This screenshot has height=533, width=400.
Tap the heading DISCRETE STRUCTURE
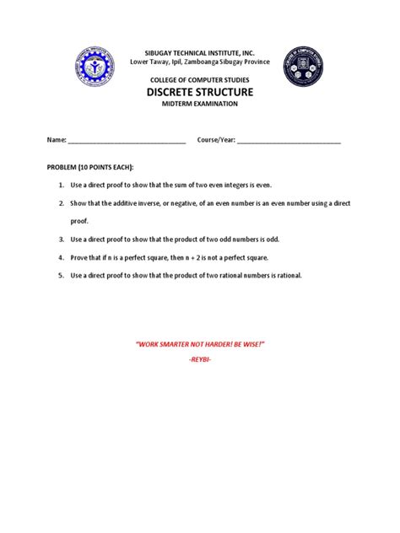coord(200,91)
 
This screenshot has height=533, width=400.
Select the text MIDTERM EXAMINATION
coord(200,103)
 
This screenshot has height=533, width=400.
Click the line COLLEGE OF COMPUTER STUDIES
coord(200,78)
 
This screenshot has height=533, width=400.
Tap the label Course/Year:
coord(216,140)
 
